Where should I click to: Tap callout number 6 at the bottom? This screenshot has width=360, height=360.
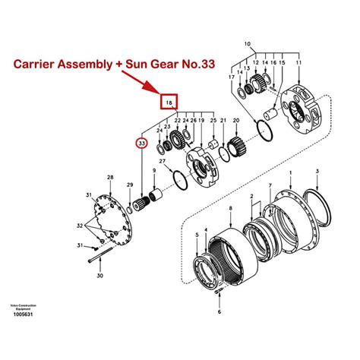point(219,311)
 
